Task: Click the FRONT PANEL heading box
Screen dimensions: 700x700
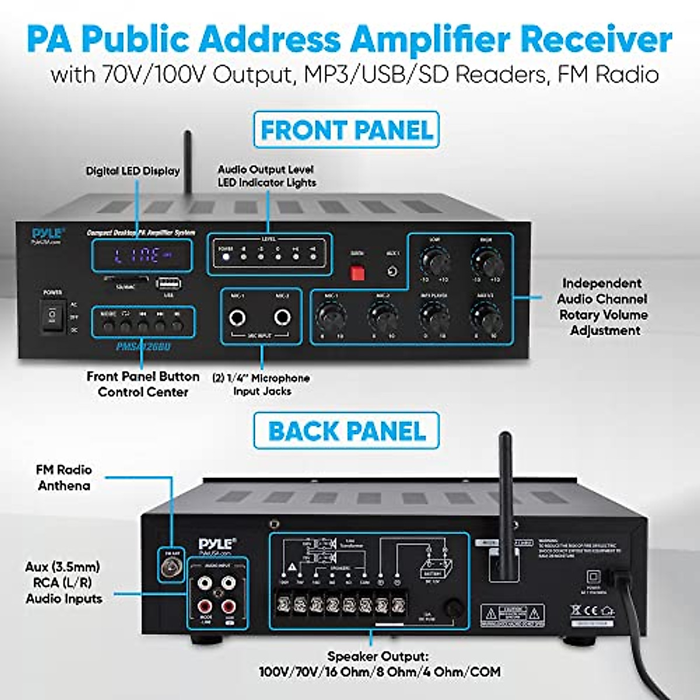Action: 346,129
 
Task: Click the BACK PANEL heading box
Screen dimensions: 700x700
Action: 346,431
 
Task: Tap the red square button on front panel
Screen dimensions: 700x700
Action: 357,272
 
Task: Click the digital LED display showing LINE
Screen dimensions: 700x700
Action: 142,255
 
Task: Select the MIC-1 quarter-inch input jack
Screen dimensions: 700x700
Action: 237,318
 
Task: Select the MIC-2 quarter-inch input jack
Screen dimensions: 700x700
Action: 283,317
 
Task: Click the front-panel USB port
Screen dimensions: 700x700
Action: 168,283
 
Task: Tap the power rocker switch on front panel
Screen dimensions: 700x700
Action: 52,316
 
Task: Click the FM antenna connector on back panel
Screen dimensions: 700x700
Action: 171,566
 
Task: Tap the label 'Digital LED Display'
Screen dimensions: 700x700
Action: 133,171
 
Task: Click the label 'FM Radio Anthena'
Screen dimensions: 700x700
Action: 64,477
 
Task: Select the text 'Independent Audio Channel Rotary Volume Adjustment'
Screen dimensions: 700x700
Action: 602,307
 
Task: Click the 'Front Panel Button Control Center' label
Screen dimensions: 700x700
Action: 143,384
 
